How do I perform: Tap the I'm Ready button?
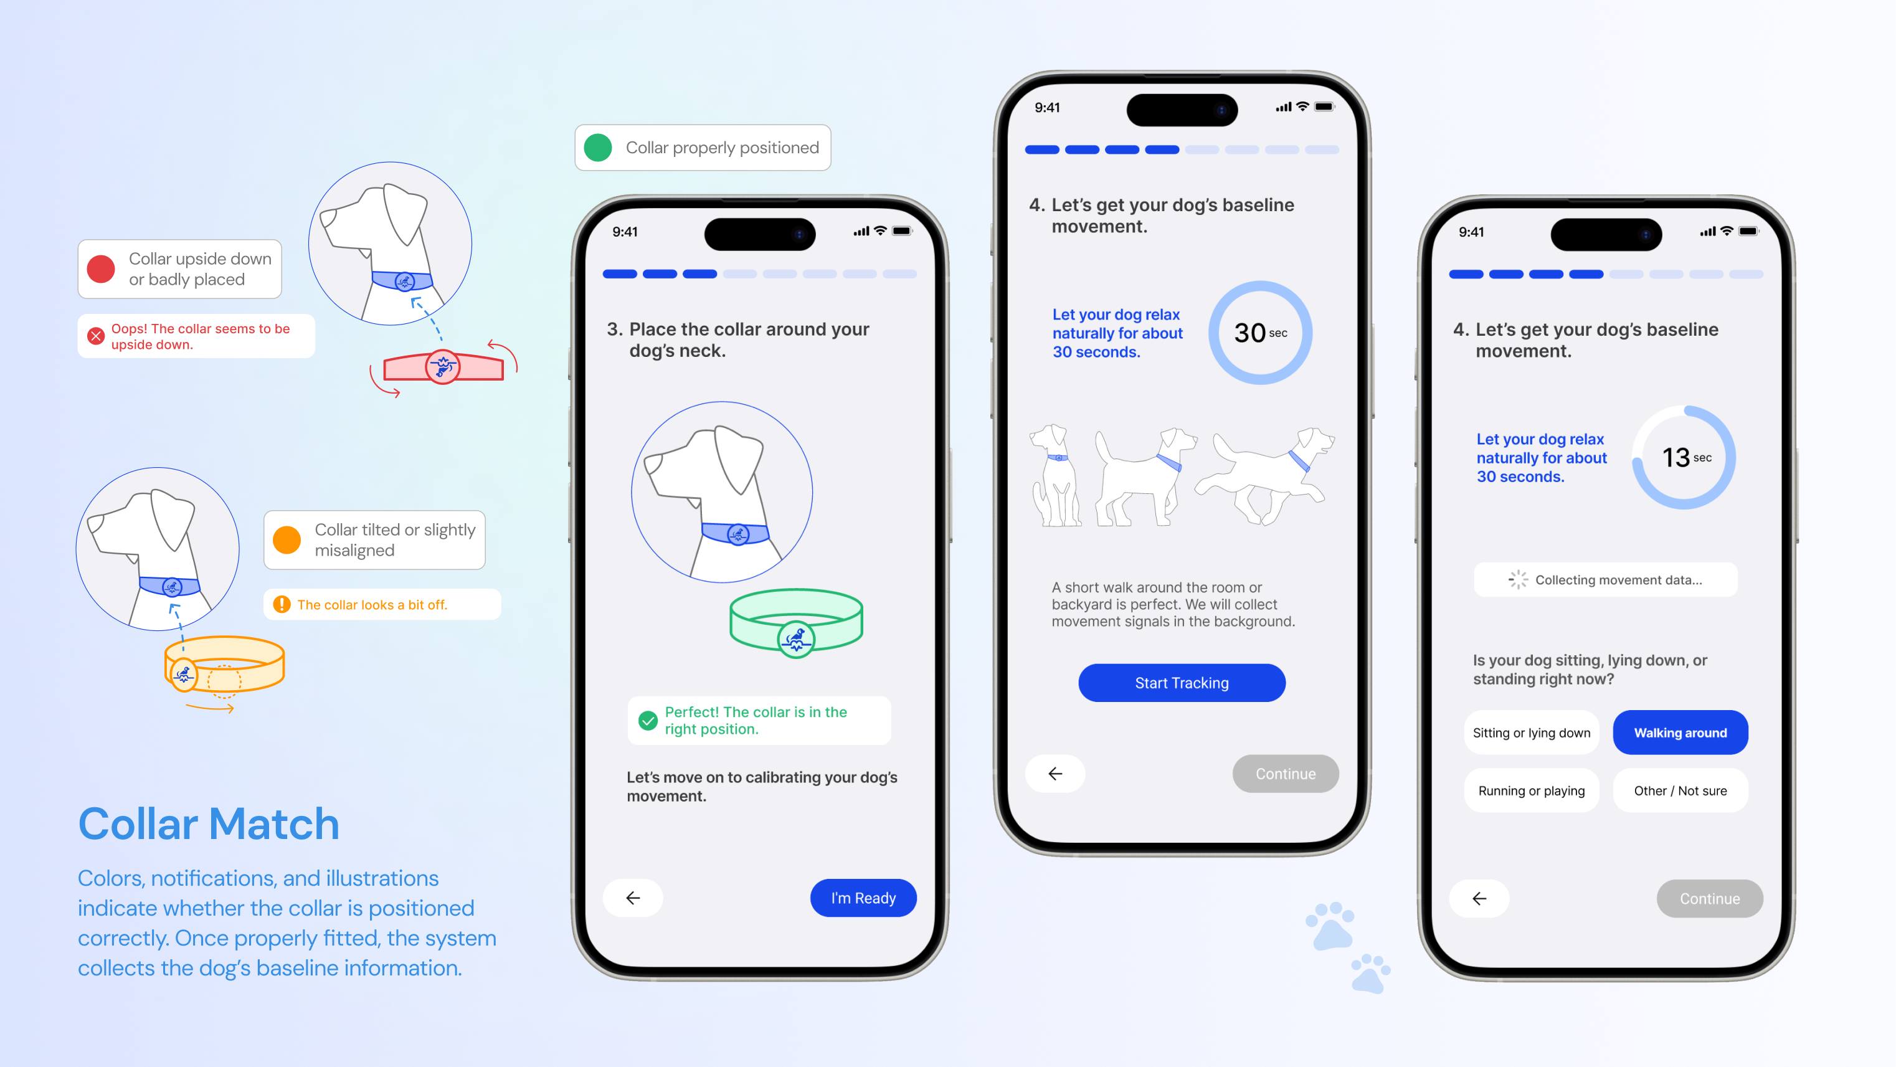coord(863,898)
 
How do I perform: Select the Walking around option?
coord(1680,732)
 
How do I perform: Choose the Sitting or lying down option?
coord(1531,732)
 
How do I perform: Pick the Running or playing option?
coord(1531,790)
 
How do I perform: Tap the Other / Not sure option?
coord(1680,790)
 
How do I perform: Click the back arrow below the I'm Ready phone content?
coord(633,898)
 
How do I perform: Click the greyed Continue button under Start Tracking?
coord(1285,774)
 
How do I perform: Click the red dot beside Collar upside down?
coord(101,268)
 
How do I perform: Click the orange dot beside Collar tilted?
coord(287,539)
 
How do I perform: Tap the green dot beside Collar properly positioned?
coord(598,147)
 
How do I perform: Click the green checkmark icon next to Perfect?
coord(648,721)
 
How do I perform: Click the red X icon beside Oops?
coord(96,336)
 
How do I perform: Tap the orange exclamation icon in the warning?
coord(281,604)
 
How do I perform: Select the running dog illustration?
coord(1264,475)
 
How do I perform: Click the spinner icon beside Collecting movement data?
coord(1518,580)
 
